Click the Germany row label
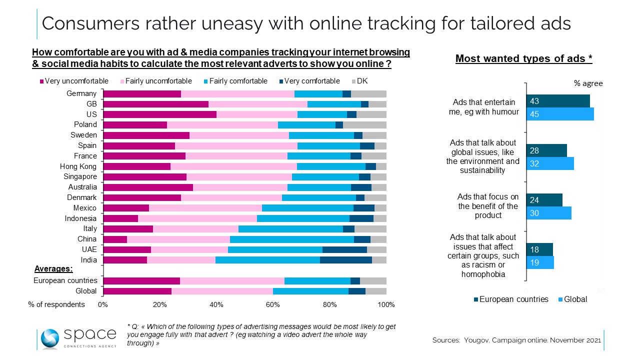tap(81, 93)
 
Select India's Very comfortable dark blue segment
tap(345, 260)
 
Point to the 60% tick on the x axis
tap(273, 304)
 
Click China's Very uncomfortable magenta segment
tap(115, 239)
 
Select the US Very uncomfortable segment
tap(159, 114)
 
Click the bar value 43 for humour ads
tap(557, 101)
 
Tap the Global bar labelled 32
tap(549, 163)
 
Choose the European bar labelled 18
tap(539, 249)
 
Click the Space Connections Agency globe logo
tap(50, 339)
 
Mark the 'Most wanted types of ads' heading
tap(523, 59)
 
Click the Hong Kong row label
tap(78, 166)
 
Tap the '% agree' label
tap(587, 83)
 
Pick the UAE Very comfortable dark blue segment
tap(344, 249)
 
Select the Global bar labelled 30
tap(548, 212)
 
